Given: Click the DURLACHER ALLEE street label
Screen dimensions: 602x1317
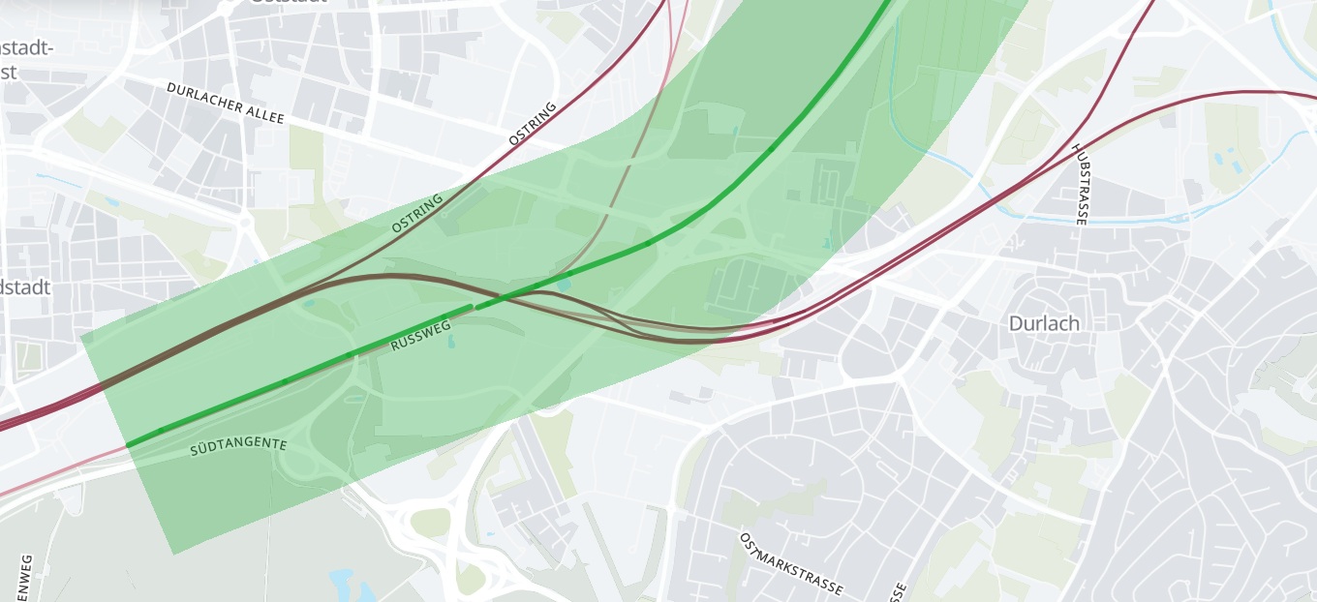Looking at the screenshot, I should tap(225, 103).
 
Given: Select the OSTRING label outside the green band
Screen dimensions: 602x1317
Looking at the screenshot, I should tap(533, 124).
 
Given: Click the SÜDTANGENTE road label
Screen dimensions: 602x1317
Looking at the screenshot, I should tap(238, 446).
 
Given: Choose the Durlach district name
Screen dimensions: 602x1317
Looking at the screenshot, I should tap(1044, 323).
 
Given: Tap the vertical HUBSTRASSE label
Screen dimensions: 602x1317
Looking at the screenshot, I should tap(1080, 184).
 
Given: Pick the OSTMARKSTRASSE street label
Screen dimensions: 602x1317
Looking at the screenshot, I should tap(790, 563).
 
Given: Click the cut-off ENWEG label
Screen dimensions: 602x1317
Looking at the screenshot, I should tap(26, 578).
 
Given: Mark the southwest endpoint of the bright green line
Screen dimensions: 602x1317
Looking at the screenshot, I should tap(128, 445).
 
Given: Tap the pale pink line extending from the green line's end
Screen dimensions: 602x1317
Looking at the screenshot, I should tap(58, 474).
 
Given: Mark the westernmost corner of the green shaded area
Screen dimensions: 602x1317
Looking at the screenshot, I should tap(80, 338).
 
